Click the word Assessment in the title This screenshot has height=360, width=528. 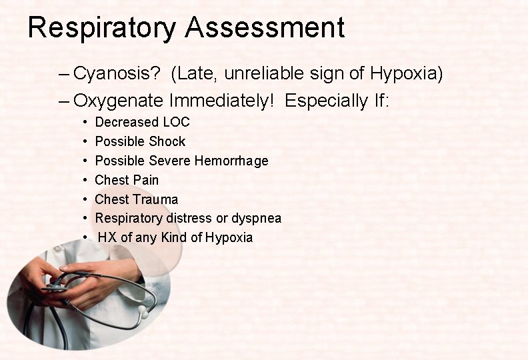(x=265, y=28)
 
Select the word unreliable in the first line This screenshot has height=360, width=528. (x=264, y=73)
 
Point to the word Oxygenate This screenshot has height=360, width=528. (x=118, y=101)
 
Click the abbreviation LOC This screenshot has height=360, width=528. (x=176, y=122)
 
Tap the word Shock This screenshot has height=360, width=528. (x=169, y=141)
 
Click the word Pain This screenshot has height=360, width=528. (x=147, y=180)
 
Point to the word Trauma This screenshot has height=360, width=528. (x=155, y=199)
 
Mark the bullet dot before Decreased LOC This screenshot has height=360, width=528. (x=86, y=123)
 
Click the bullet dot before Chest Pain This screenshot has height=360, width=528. (x=86, y=181)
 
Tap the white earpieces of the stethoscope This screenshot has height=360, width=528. (x=143, y=311)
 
